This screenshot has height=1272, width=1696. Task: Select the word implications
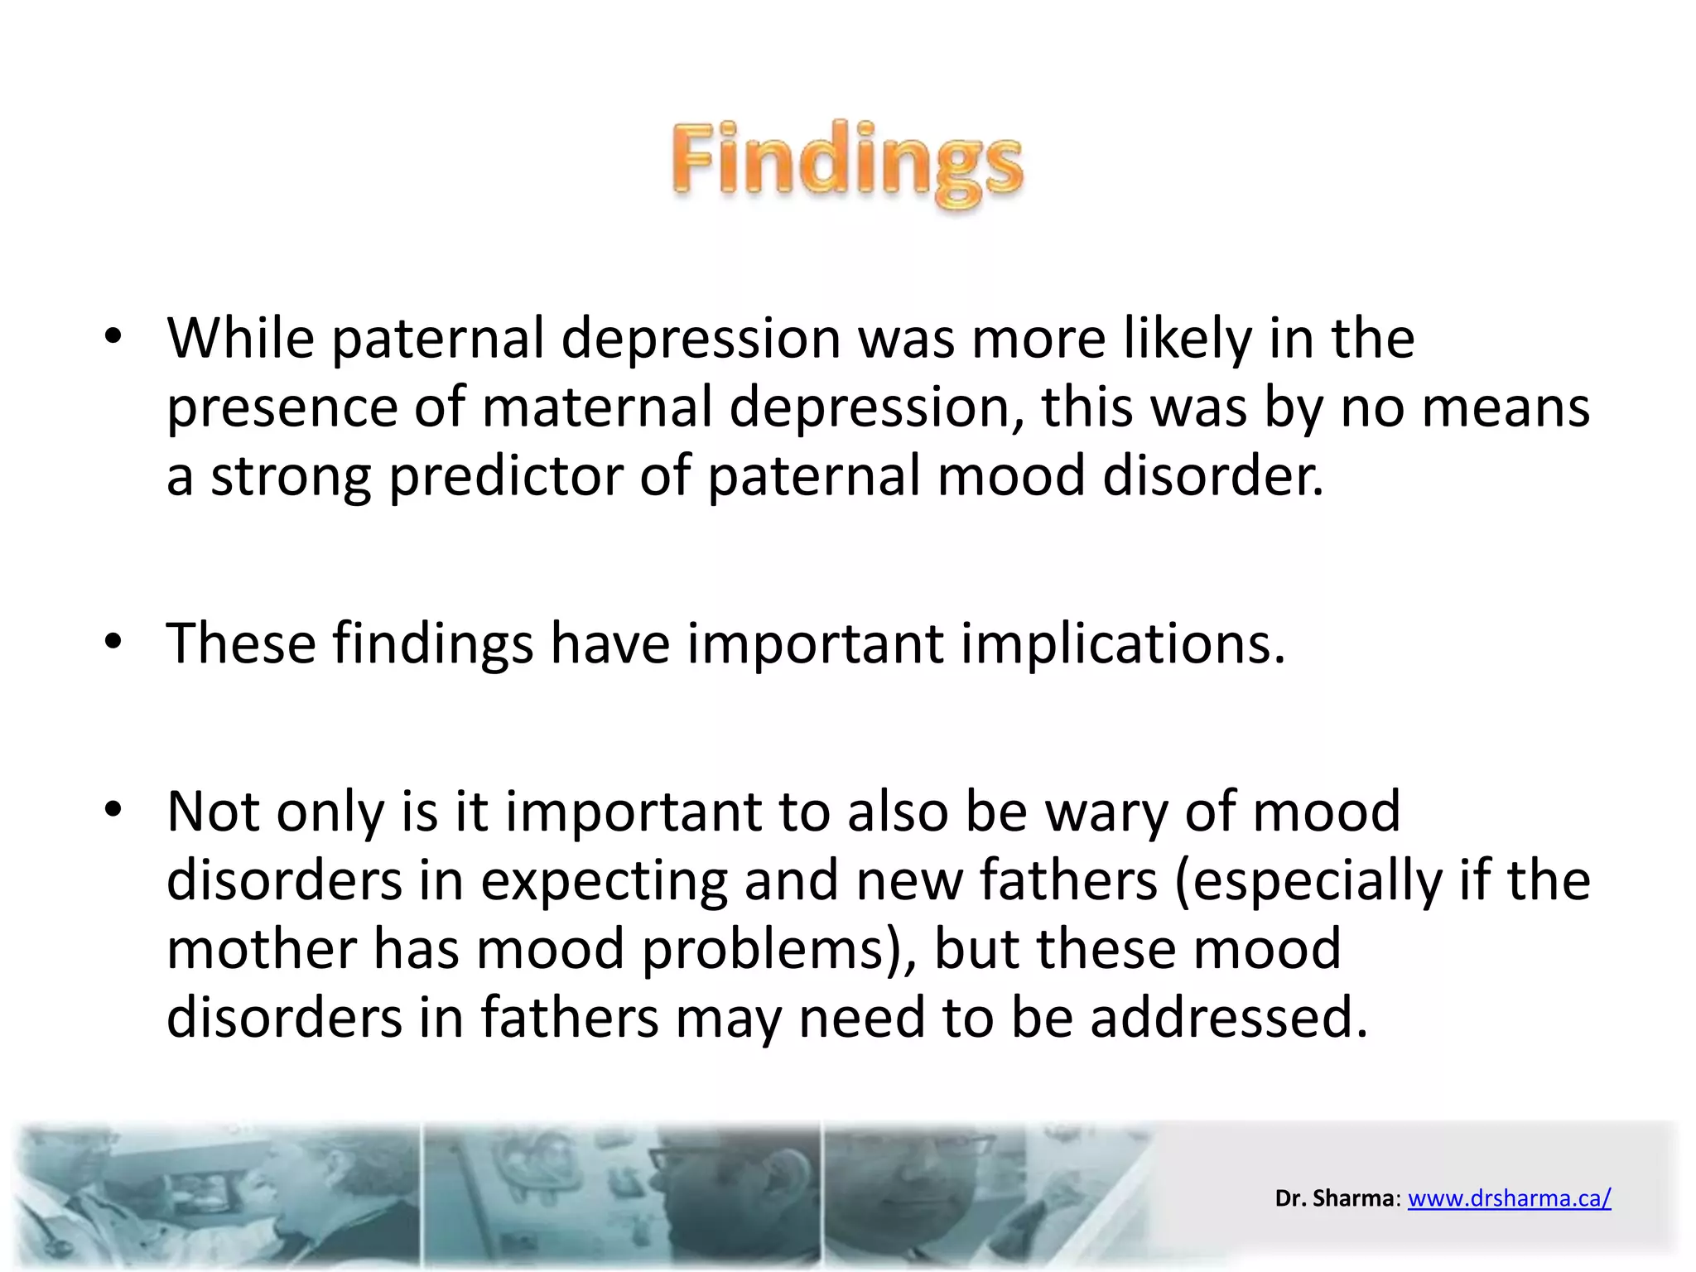click(x=1122, y=643)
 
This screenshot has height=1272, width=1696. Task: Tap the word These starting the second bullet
click(x=241, y=643)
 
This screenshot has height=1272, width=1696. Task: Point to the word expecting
click(x=604, y=880)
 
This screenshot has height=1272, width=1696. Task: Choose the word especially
click(x=1308, y=880)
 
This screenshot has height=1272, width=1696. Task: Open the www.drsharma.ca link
click(x=1509, y=1198)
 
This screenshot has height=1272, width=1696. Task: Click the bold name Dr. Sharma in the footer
click(x=1334, y=1198)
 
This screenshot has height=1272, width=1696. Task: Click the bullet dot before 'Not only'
click(x=113, y=810)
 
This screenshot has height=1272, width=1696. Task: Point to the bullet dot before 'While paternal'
click(x=113, y=337)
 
